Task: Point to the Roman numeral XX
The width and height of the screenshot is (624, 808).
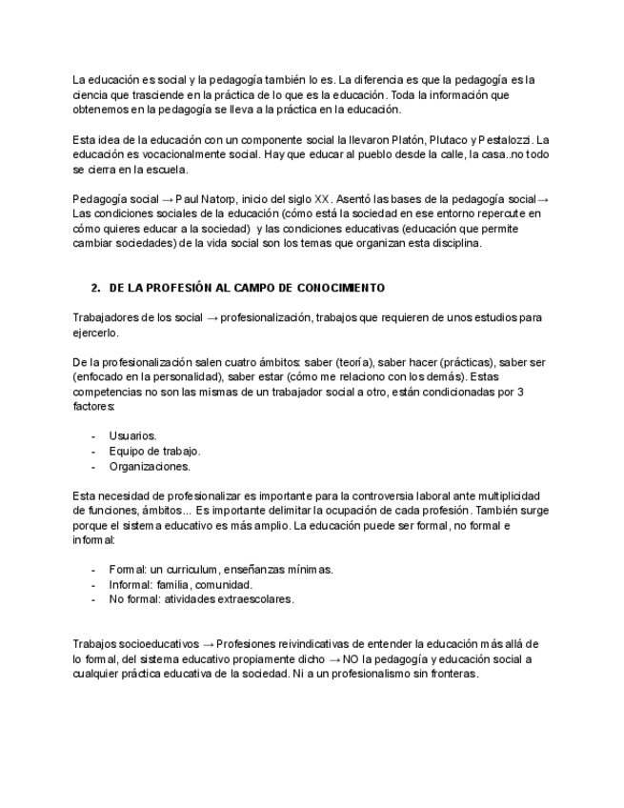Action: click(322, 199)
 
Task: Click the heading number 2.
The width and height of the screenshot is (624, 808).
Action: click(95, 287)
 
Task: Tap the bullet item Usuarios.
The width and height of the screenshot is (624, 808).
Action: click(132, 435)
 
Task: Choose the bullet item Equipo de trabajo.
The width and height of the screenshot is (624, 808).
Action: click(154, 451)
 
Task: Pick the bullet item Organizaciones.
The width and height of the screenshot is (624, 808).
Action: click(149, 466)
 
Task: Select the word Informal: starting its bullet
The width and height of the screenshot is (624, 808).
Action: click(131, 584)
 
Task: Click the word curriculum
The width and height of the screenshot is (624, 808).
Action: click(196, 569)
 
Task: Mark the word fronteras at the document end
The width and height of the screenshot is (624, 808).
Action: click(452, 674)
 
